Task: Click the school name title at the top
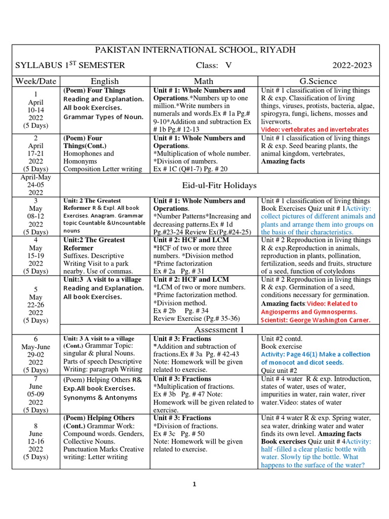tap(195, 50)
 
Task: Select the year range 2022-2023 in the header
tap(352, 65)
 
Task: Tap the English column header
tap(105, 81)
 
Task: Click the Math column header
tap(204, 81)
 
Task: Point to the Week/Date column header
tap(36, 81)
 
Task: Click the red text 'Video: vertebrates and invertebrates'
tap(315, 130)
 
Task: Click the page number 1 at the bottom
tap(194, 485)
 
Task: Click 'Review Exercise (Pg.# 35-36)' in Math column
tap(193, 318)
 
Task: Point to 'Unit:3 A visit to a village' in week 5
tap(103, 280)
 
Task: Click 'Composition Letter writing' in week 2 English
tap(102, 169)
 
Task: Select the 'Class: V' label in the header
tap(214, 65)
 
